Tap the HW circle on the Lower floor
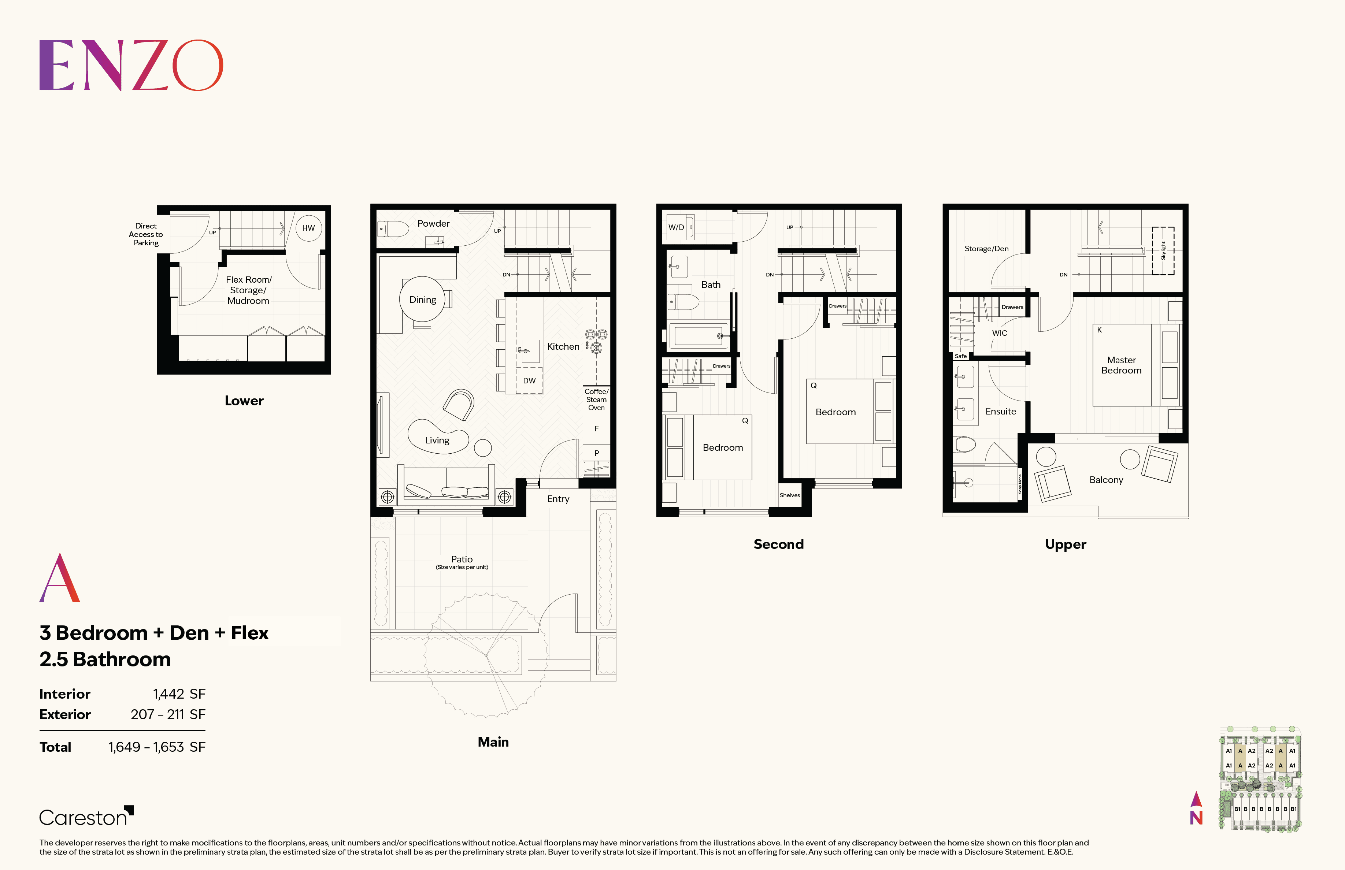[308, 228]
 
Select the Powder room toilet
[394, 229]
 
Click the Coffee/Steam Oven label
[596, 399]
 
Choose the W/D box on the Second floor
[677, 227]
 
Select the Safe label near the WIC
[961, 357]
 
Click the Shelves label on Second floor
[789, 495]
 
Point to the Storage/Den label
[986, 249]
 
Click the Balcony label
[1106, 480]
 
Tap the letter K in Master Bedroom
[1099, 330]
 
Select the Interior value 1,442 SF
[179, 694]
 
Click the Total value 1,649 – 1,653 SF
[156, 747]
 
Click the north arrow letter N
[1196, 818]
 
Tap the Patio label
[462, 559]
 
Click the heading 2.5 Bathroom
[105, 659]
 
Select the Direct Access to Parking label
[146, 234]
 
